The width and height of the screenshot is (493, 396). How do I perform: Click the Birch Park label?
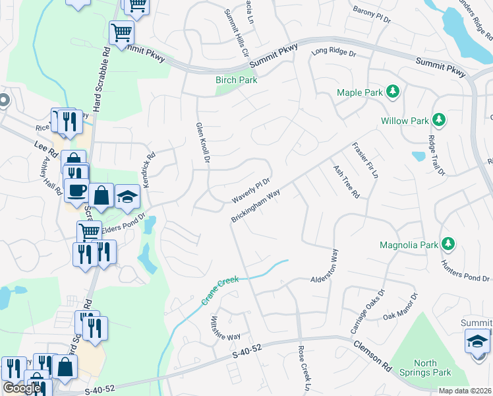236,80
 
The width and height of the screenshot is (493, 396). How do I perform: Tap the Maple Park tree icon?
393,91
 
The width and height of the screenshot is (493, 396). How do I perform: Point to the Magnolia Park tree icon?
448,244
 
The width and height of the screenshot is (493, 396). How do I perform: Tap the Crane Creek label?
220,290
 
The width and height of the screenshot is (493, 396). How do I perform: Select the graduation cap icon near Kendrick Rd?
128,196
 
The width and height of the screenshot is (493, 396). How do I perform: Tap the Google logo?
22,388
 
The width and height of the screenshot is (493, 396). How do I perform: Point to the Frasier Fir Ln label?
365,161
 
